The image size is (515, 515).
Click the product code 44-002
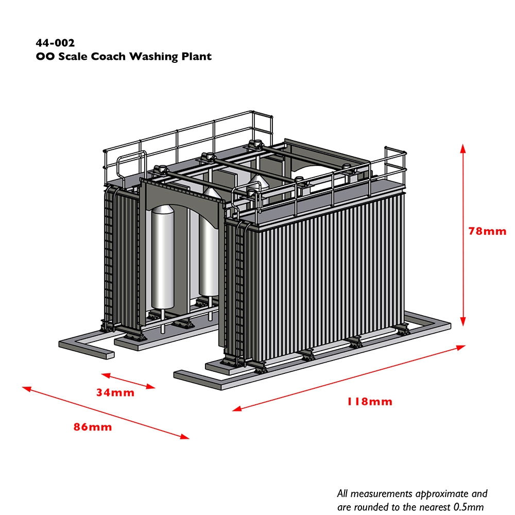click(x=55, y=43)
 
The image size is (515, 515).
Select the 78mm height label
click(x=487, y=231)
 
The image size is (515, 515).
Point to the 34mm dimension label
click(x=115, y=393)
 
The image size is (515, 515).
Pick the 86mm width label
click(x=93, y=427)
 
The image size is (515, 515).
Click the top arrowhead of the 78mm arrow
click(x=463, y=148)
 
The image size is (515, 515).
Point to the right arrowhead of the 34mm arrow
click(x=150, y=386)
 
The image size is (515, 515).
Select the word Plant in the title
click(x=196, y=56)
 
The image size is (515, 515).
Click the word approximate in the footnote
click(x=438, y=493)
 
